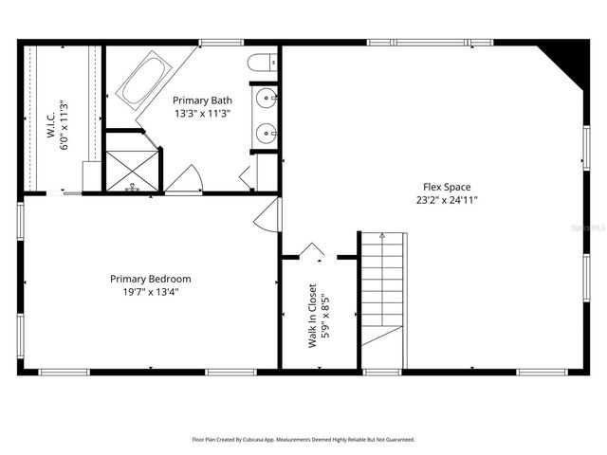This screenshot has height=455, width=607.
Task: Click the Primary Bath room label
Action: tap(202, 99)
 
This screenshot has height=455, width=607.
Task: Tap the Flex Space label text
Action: tap(446, 187)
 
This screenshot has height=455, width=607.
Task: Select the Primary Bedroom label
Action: tap(150, 279)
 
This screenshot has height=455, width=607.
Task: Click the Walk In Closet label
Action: tap(312, 317)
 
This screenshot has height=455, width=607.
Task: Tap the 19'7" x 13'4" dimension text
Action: tap(150, 292)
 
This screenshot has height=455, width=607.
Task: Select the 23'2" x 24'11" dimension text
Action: tap(446, 200)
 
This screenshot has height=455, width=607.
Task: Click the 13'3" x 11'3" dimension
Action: tap(202, 112)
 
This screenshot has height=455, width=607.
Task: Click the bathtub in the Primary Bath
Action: tap(143, 81)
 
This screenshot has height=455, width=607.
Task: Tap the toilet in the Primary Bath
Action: tap(259, 64)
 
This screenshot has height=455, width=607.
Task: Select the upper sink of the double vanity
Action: tap(267, 99)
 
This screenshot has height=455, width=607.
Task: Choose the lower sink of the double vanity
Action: tap(267, 134)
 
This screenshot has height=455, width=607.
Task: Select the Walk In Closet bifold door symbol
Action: tap(312, 251)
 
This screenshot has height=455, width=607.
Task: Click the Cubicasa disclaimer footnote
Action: tap(303, 440)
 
